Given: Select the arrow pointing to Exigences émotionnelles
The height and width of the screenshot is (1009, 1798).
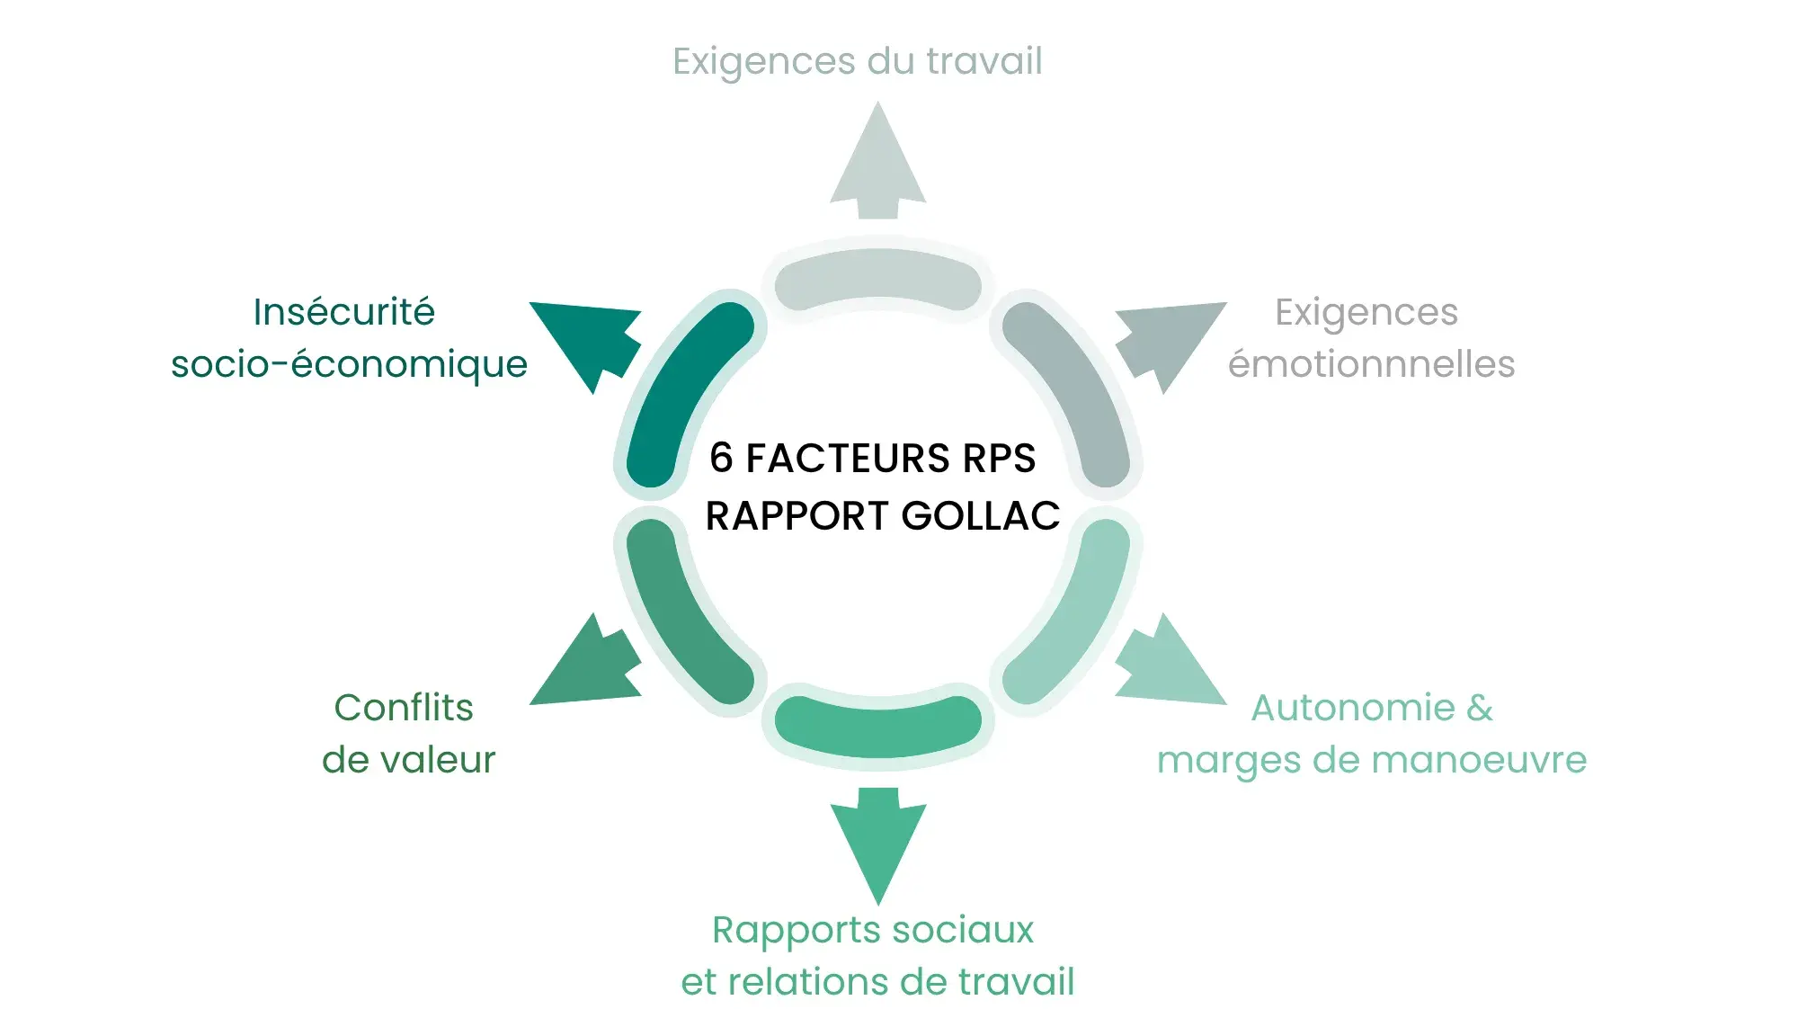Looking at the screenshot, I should coord(1168,341).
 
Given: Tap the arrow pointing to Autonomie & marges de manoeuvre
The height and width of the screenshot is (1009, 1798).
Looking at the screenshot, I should coord(1168,665).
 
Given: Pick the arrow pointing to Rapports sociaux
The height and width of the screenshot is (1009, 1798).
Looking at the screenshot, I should coord(877,841).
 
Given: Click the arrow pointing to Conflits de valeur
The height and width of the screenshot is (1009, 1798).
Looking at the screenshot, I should coord(588,665).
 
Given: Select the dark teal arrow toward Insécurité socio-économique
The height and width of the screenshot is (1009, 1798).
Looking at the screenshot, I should coord(588,341).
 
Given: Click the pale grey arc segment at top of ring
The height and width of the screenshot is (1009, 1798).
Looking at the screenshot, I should coord(877,277).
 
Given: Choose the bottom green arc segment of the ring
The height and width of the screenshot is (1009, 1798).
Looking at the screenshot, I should coord(877,725).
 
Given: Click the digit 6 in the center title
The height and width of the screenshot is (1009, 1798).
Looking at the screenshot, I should coord(721,458).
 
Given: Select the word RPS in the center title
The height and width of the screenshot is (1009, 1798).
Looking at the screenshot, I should coord(999,458).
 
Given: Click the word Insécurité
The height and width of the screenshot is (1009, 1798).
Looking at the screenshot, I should coord(343,312).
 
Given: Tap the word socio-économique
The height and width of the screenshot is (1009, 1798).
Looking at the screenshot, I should coord(349,364).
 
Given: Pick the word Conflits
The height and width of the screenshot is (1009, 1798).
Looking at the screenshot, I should coord(404,708).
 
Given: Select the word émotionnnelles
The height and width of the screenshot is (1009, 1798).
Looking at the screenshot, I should coord(1371,364).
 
